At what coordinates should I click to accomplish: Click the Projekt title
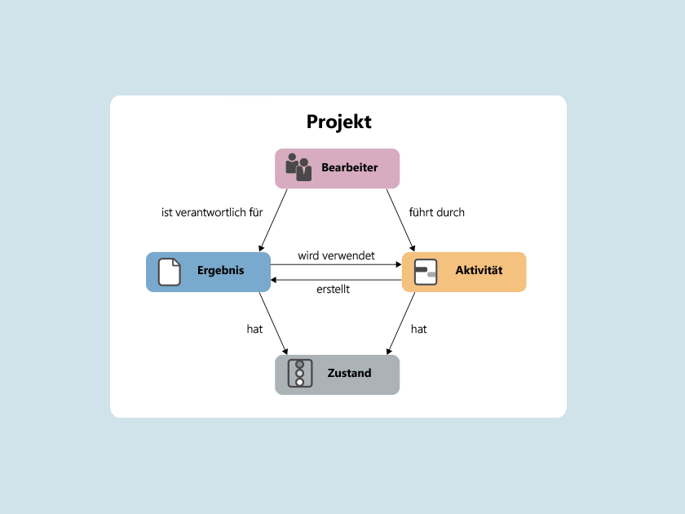pyautogui.click(x=338, y=122)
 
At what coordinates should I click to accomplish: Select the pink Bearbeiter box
pyautogui.click(x=337, y=168)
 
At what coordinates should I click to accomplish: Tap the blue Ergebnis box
pyautogui.click(x=208, y=272)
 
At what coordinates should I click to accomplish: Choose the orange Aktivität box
pyautogui.click(x=464, y=272)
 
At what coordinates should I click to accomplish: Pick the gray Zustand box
pyautogui.click(x=337, y=374)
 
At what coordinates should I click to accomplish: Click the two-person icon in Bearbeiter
pyautogui.click(x=298, y=167)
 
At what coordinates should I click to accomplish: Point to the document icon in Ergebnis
pyautogui.click(x=169, y=272)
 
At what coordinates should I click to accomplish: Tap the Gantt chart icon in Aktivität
pyautogui.click(x=426, y=272)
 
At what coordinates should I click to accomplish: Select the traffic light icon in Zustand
pyautogui.click(x=300, y=374)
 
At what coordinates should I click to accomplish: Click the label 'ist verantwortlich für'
pyautogui.click(x=212, y=212)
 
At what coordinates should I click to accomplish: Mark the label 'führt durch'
pyautogui.click(x=437, y=212)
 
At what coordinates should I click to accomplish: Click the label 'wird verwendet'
pyautogui.click(x=336, y=255)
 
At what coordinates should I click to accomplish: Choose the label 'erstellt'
pyautogui.click(x=333, y=289)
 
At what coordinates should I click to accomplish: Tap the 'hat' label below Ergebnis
pyautogui.click(x=254, y=329)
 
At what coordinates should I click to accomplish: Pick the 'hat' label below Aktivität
pyautogui.click(x=418, y=329)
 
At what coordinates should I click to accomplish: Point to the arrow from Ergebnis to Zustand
pyautogui.click(x=274, y=324)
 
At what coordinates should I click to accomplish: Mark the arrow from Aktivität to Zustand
pyautogui.click(x=400, y=324)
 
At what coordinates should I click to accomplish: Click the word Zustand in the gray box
pyautogui.click(x=349, y=374)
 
